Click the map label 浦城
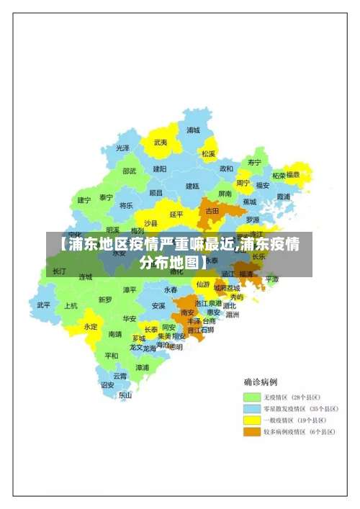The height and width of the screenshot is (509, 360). click(193, 130)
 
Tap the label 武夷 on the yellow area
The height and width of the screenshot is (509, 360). click(160, 143)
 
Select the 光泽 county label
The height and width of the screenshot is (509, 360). click(123, 148)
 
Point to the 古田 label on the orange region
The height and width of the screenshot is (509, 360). click(212, 211)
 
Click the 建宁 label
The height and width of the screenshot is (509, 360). click(84, 200)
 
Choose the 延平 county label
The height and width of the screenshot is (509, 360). click(176, 214)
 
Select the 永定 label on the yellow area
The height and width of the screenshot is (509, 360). click(91, 326)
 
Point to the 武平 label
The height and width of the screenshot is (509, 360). click(44, 305)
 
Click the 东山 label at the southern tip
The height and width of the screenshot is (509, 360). click(125, 395)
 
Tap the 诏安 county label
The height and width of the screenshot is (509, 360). click(107, 385)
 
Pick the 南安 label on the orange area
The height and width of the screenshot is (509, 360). click(187, 312)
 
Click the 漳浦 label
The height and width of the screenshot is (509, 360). click(143, 367)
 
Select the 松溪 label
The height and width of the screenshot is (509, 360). click(208, 153)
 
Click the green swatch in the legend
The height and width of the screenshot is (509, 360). click(251, 397)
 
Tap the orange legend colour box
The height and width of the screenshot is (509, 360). click(251, 432)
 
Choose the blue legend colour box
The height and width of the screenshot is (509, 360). click(251, 408)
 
